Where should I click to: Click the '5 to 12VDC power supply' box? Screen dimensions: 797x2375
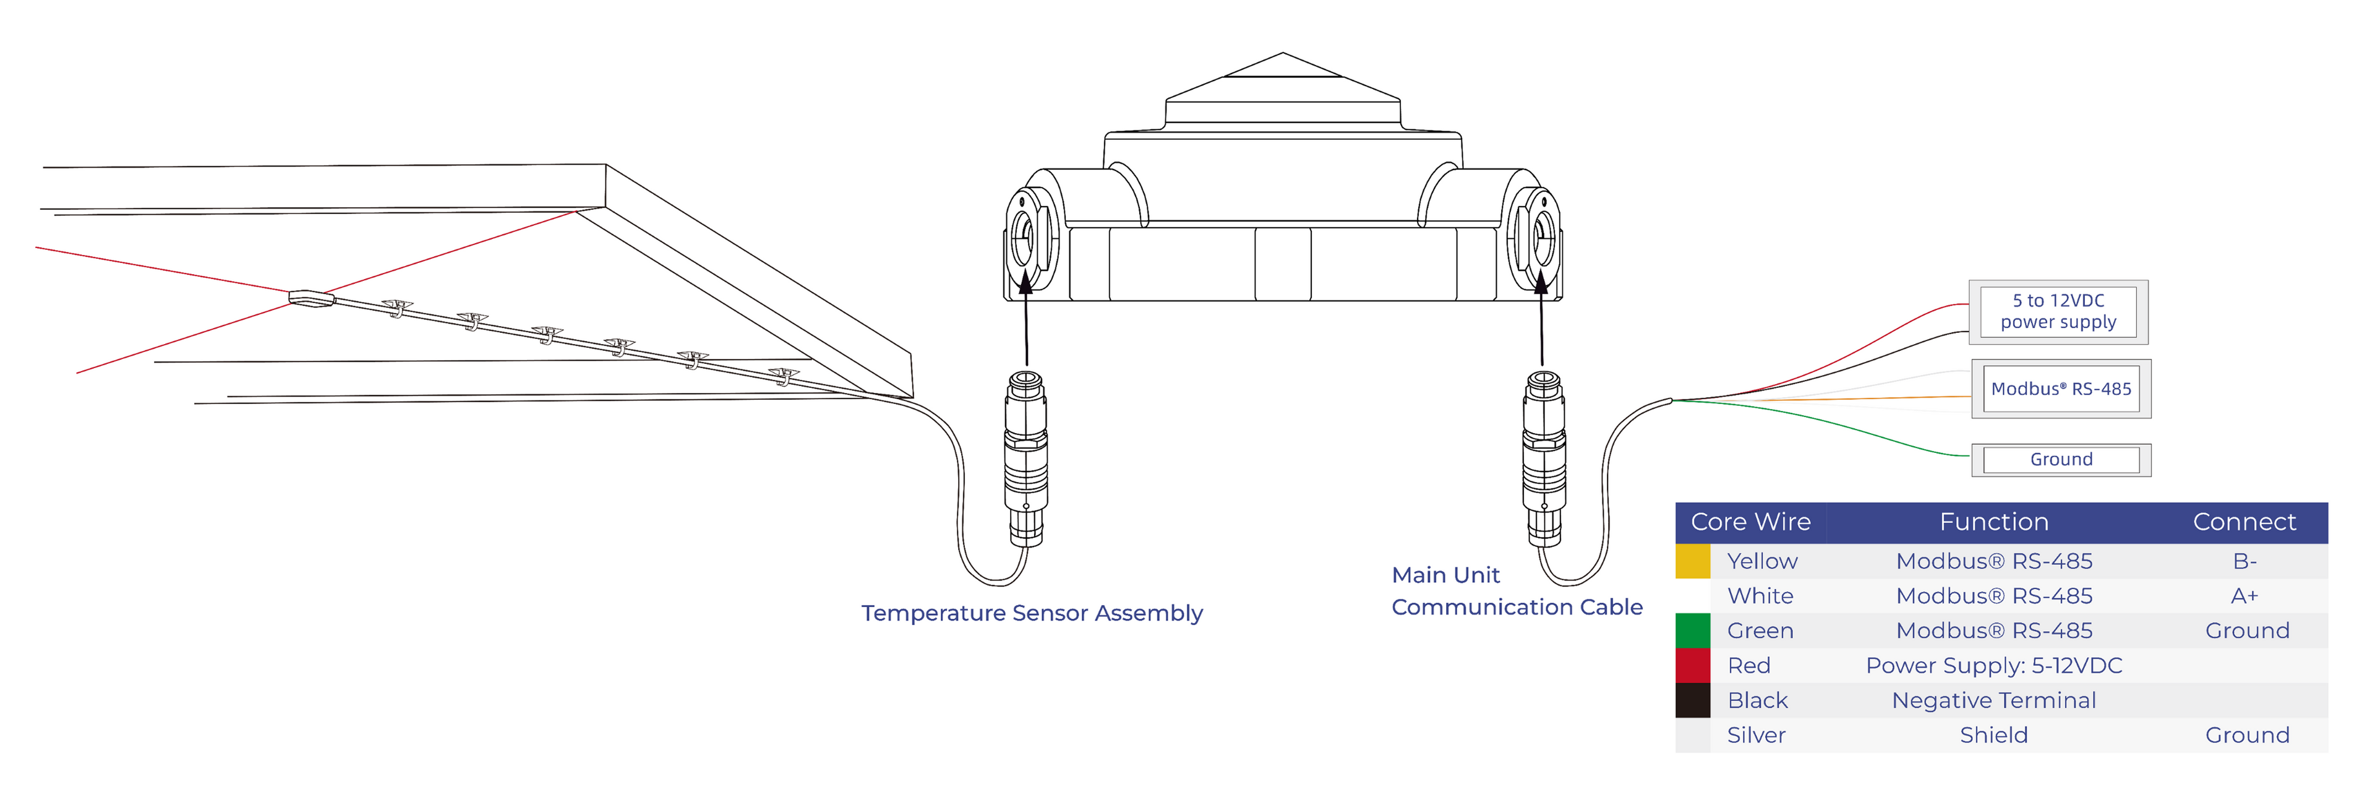[x=2058, y=312]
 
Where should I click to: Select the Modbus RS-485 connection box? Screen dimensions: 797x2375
[x=2061, y=389]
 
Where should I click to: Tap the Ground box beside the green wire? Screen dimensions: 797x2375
[x=2061, y=459]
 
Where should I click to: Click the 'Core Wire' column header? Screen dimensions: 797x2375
[x=1750, y=522]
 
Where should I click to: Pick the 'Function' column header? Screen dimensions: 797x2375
[x=1993, y=522]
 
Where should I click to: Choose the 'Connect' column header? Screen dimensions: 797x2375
[x=2243, y=522]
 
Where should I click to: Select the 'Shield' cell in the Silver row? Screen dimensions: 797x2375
[x=1993, y=735]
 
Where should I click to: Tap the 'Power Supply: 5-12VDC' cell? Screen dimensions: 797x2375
[x=1993, y=666]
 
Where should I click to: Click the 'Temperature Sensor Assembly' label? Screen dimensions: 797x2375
[x=1032, y=613]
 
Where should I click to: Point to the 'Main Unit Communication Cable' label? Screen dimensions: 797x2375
[x=1516, y=592]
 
